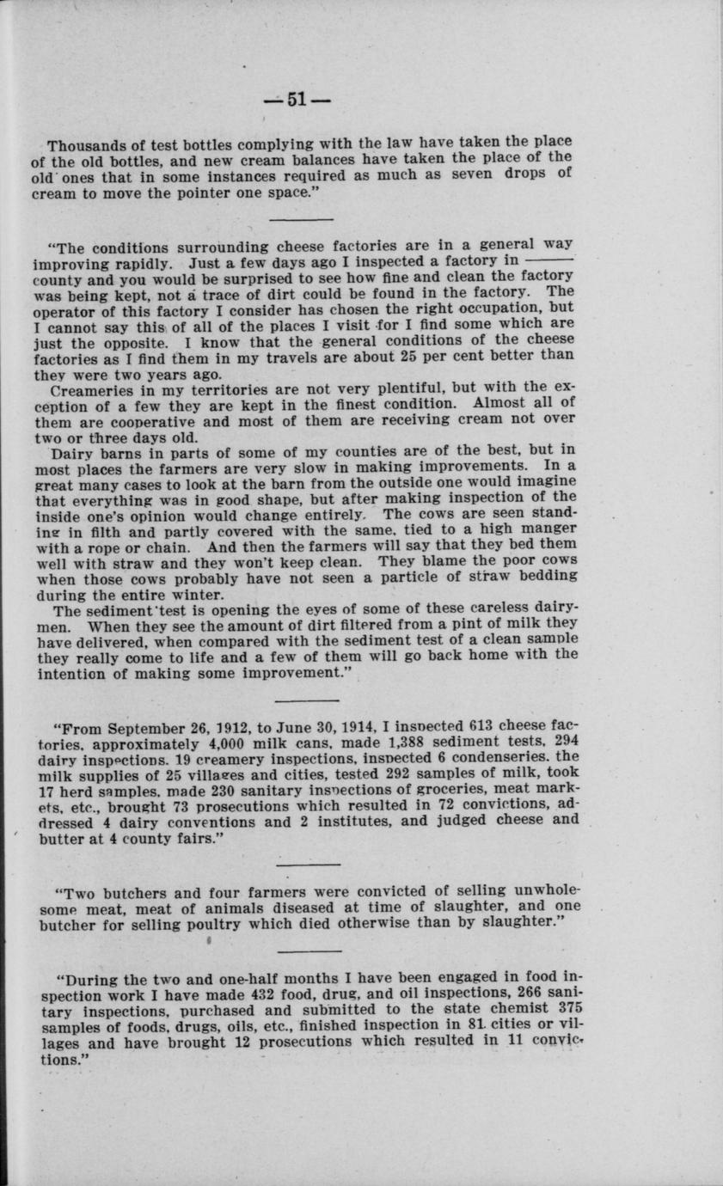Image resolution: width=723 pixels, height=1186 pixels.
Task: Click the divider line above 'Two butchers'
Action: coord(310,863)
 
